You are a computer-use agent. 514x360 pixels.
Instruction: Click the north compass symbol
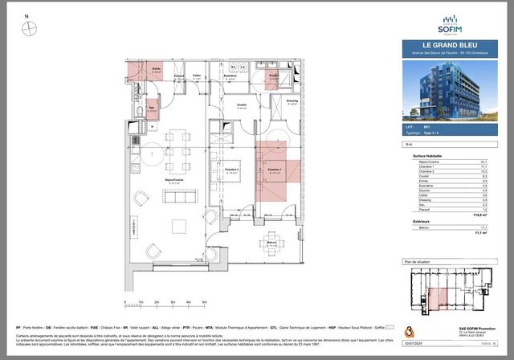pos(30,28)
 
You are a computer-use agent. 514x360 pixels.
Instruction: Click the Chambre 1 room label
pos(275,170)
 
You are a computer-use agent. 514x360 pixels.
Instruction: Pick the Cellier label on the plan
pos(196,77)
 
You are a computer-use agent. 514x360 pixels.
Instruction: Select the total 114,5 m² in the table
pos(483,215)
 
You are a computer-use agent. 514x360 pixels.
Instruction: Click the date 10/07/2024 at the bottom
pos(414,341)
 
